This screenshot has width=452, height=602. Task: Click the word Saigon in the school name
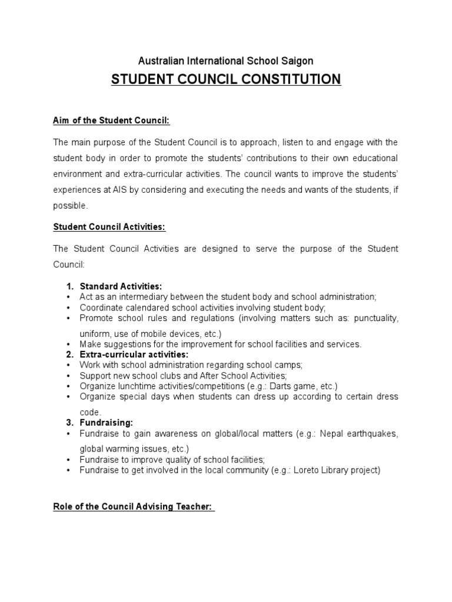click(298, 61)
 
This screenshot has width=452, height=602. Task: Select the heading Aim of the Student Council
click(111, 120)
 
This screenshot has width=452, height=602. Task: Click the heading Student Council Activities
click(113, 226)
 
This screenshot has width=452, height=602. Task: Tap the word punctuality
click(376, 318)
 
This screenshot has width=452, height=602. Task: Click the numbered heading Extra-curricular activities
click(134, 354)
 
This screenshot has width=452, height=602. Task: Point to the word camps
click(289, 365)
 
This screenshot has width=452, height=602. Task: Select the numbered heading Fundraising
click(107, 423)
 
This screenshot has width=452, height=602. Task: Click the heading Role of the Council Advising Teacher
click(133, 507)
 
